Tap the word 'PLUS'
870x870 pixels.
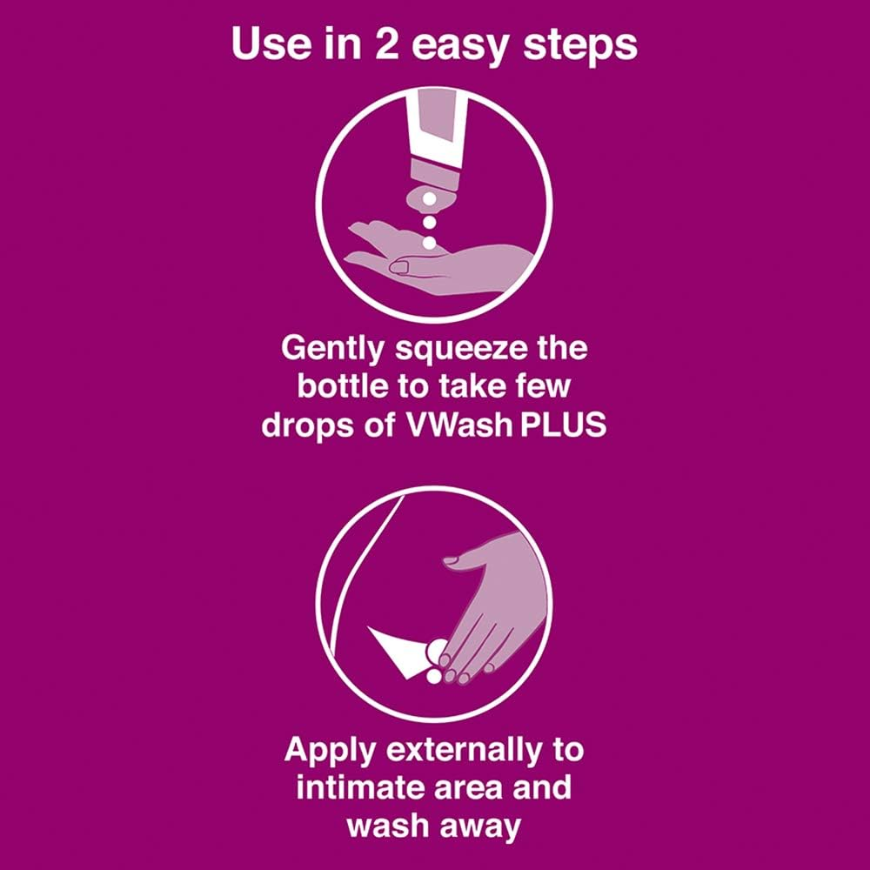coord(563,426)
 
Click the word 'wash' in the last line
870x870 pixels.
coord(390,826)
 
